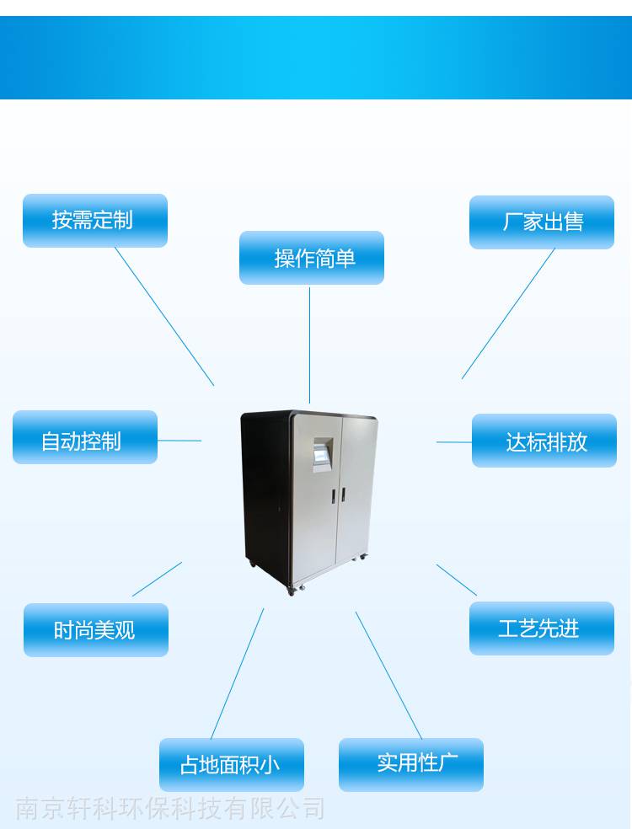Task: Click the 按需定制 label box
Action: (x=95, y=221)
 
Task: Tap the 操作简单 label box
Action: (x=312, y=258)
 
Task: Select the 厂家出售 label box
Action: (x=542, y=222)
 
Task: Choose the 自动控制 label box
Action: (x=85, y=437)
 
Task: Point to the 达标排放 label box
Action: (x=544, y=441)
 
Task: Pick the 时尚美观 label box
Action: (x=96, y=629)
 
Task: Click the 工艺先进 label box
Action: (x=542, y=628)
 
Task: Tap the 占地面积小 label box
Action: (x=232, y=764)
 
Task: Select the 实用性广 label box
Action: (x=411, y=764)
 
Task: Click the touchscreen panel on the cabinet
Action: (x=322, y=454)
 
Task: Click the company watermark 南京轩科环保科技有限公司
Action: (x=169, y=809)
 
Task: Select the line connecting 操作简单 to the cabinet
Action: (x=310, y=345)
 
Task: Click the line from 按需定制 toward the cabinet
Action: (x=164, y=316)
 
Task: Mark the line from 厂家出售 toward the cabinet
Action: (x=508, y=313)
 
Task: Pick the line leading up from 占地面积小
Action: (x=238, y=673)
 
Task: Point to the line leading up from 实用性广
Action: (x=388, y=675)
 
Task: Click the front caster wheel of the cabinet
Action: (x=291, y=591)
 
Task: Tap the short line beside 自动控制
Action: (x=179, y=440)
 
